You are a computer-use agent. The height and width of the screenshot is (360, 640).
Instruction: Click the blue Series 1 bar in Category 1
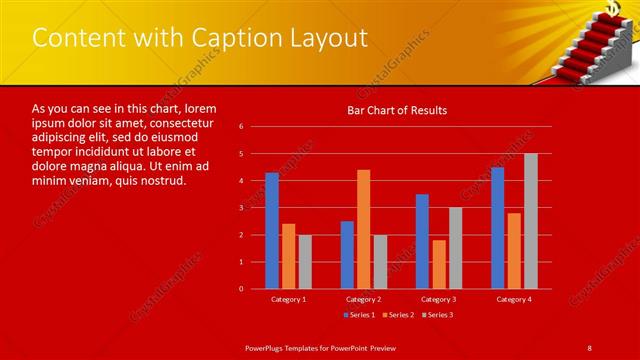pyautogui.click(x=272, y=231)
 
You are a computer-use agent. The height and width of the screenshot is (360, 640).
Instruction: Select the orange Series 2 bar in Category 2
pyautogui.click(x=363, y=229)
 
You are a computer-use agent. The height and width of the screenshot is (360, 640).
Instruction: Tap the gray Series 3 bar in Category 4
pyautogui.click(x=530, y=221)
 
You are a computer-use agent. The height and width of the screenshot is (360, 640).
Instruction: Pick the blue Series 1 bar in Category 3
pyautogui.click(x=422, y=241)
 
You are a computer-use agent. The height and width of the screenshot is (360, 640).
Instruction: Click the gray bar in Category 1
pyautogui.click(x=305, y=262)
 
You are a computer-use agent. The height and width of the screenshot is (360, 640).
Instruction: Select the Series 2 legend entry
pyautogui.click(x=397, y=316)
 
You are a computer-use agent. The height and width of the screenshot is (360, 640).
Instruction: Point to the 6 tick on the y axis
pyautogui.click(x=241, y=127)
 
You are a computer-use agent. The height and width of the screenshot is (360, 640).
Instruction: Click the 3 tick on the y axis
pyautogui.click(x=241, y=208)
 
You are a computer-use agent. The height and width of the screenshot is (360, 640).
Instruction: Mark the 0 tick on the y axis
pyautogui.click(x=241, y=289)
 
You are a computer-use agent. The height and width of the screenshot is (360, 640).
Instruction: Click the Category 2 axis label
pyautogui.click(x=363, y=299)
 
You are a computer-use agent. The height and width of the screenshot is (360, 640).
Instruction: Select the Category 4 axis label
pyautogui.click(x=514, y=299)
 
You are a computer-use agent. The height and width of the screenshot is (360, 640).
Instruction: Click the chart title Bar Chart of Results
pyautogui.click(x=397, y=110)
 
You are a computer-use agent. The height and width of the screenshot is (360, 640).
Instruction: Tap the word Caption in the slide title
pyautogui.click(x=214, y=38)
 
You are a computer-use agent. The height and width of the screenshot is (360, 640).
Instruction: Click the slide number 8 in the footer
pyautogui.click(x=589, y=346)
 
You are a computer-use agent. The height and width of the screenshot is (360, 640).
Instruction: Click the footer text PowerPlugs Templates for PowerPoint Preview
pyautogui.click(x=321, y=346)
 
